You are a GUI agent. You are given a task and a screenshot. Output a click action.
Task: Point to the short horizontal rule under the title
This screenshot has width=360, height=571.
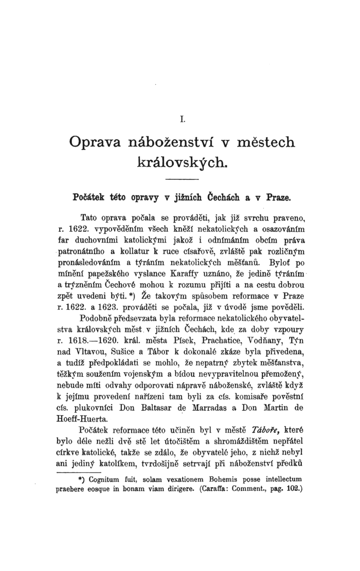(182, 179)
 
